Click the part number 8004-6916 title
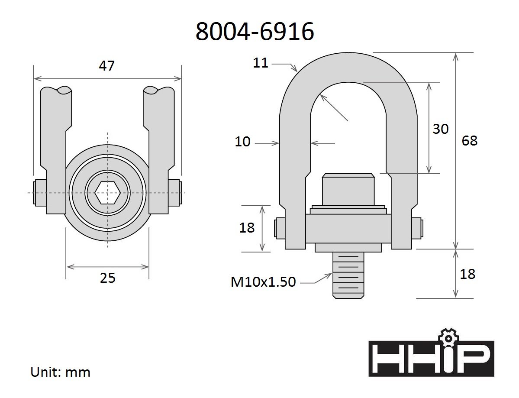255,32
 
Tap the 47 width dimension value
106,65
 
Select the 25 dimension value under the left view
108,278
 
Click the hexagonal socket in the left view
107,193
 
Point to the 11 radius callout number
261,63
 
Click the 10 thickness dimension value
243,142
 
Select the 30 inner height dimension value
441,129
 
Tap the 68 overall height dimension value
470,141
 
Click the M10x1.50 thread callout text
263,282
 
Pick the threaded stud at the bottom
348,275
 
